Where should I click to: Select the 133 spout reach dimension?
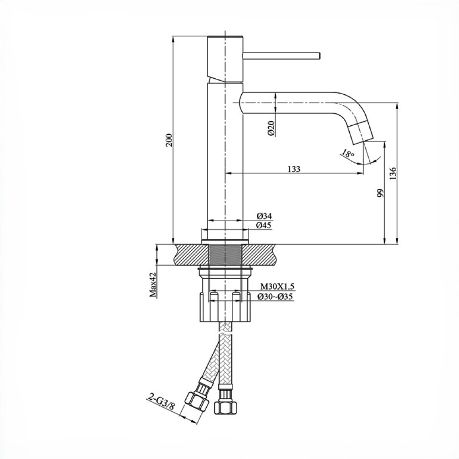click(294, 169)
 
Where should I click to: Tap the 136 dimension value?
click(393, 173)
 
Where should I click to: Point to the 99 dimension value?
click(380, 193)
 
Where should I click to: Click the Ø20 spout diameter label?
click(271, 128)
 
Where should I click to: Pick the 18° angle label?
click(348, 153)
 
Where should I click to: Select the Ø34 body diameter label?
click(264, 216)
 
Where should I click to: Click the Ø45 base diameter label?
click(264, 225)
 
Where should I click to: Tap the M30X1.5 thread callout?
click(277, 286)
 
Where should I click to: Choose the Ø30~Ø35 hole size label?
click(275, 297)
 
